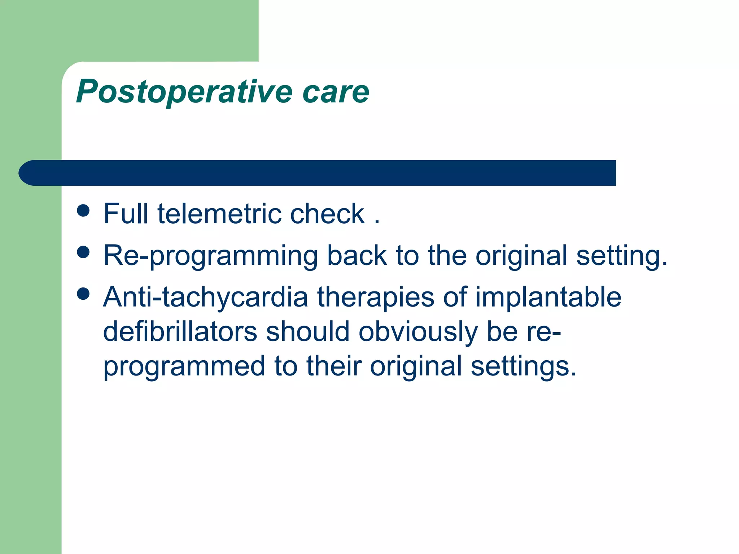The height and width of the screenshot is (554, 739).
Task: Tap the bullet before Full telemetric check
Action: [x=83, y=211]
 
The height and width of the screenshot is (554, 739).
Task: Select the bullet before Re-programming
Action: [x=83, y=252]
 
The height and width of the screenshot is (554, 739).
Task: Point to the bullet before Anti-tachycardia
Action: [x=83, y=294]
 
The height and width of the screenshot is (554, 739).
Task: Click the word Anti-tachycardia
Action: [x=205, y=297]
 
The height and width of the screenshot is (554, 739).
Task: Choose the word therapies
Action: [x=375, y=297]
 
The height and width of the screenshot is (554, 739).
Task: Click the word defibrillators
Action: [x=180, y=331]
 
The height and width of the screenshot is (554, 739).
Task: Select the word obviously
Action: [x=418, y=331]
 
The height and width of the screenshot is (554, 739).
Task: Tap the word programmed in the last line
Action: [x=184, y=366]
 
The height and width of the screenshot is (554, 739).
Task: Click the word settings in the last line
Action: [x=523, y=366]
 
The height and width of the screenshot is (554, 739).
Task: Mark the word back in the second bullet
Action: [x=357, y=255]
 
